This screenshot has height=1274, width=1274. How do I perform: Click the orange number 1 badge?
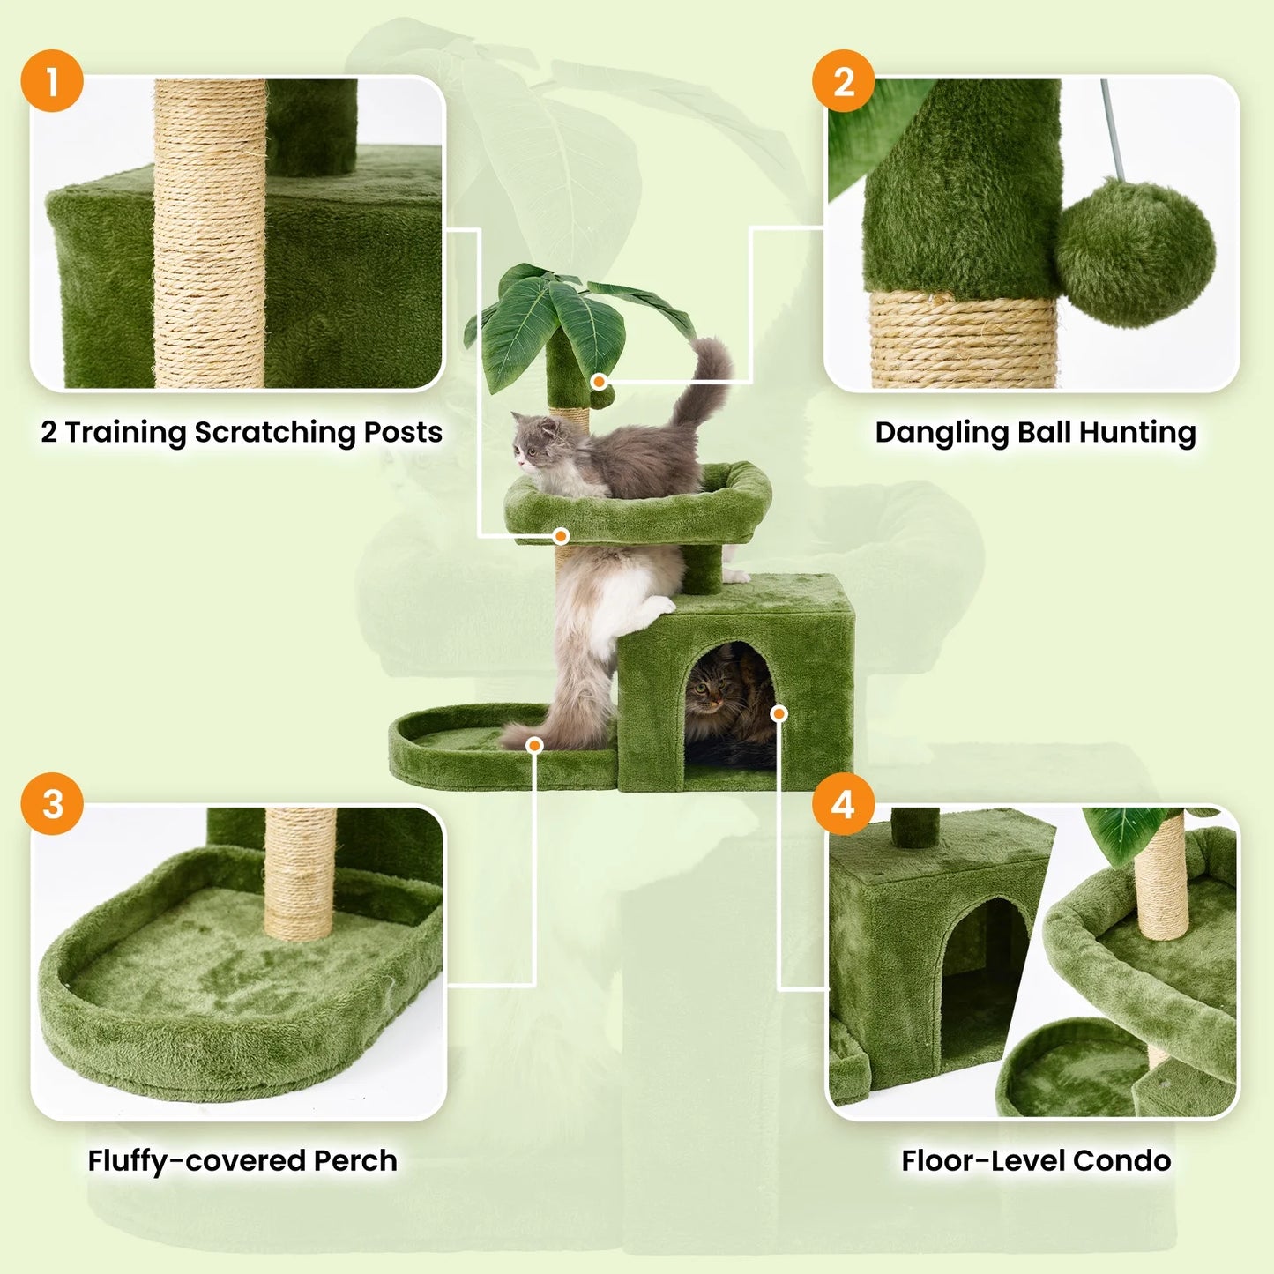pyautogui.click(x=52, y=81)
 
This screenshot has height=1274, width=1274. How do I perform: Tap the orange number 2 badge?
pyautogui.click(x=843, y=81)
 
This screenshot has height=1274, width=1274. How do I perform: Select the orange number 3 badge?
pyautogui.click(x=52, y=803)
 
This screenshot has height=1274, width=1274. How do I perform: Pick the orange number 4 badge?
pyautogui.click(x=843, y=803)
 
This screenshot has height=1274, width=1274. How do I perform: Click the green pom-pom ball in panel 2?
pyautogui.click(x=1135, y=252)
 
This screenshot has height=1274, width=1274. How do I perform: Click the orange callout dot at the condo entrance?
pyautogui.click(x=779, y=713)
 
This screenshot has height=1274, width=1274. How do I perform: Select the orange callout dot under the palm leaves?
pyautogui.click(x=599, y=382)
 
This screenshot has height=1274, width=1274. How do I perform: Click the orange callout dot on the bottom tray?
pyautogui.click(x=533, y=746)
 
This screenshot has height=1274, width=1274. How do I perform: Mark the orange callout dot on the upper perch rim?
pyautogui.click(x=561, y=535)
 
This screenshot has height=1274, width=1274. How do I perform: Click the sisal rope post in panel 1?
pyautogui.click(x=211, y=234)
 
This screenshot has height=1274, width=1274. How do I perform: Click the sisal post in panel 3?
pyautogui.click(x=300, y=873)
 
